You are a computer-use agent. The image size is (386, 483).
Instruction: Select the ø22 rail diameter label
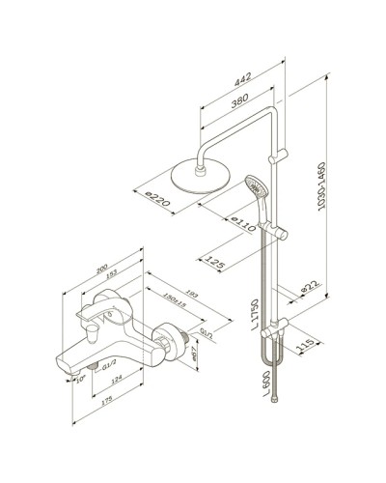[x=309, y=287]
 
